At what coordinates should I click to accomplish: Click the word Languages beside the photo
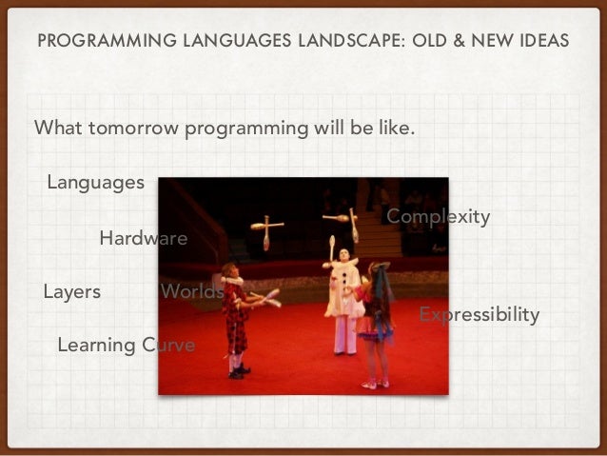[95, 182]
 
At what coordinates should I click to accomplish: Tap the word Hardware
[143, 238]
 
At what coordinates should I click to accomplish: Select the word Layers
[71, 292]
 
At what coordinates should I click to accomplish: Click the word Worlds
[192, 292]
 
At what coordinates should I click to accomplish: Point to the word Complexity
[438, 217]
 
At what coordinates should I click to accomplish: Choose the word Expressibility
[479, 314]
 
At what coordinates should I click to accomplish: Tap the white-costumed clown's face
[343, 255]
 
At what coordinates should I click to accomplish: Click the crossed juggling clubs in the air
[266, 228]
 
